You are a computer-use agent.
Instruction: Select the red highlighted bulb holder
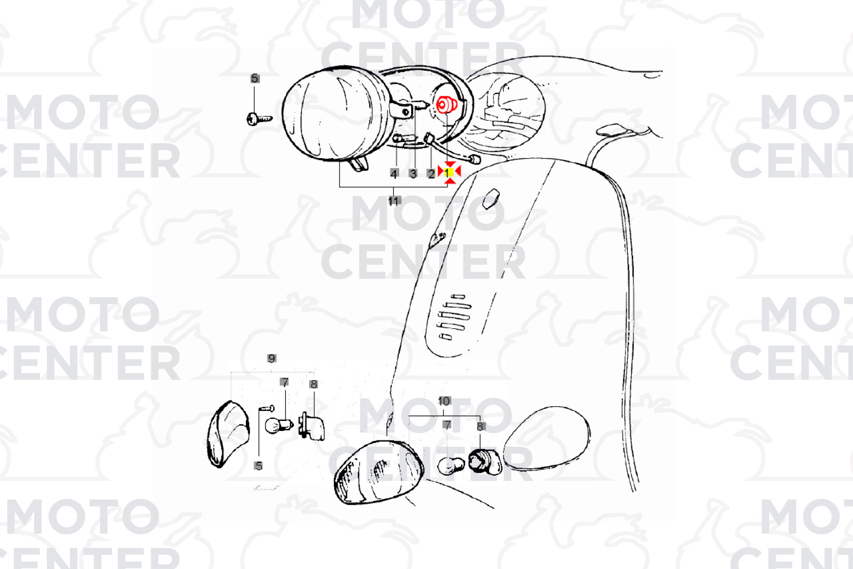coord(447,105)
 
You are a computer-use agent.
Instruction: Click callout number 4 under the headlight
coord(394,174)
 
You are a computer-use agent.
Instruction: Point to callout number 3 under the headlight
coord(413,174)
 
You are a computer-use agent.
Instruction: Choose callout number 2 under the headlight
coord(431,174)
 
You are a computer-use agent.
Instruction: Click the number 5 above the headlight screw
coord(255,79)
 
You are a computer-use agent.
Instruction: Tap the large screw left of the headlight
coord(260,119)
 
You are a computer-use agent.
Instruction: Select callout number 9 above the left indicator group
coord(272,358)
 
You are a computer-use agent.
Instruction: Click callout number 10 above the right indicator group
coord(444,401)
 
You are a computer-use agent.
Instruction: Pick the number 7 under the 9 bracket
coord(284,382)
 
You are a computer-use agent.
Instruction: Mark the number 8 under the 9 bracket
coord(313,384)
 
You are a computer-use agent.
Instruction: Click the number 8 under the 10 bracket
coord(480,427)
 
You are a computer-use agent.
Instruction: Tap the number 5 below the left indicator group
coord(259,466)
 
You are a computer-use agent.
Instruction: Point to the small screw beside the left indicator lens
coord(266,408)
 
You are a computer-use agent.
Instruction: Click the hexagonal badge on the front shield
coord(491,198)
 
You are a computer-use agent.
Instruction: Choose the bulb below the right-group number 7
coord(451,465)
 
